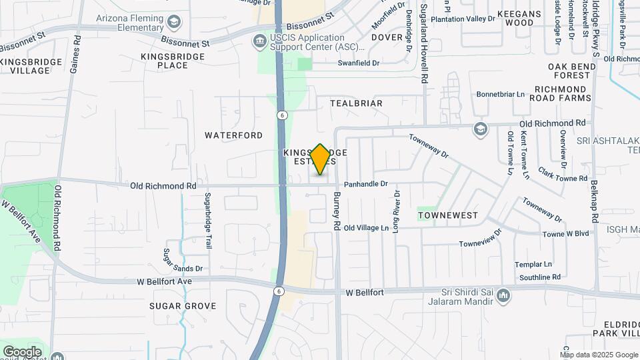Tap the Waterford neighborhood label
(233, 135)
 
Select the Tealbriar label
(357, 103)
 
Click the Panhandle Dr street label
(365, 184)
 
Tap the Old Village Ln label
(366, 228)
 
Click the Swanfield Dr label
(359, 63)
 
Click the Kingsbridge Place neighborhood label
(173, 61)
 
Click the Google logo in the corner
(22, 351)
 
